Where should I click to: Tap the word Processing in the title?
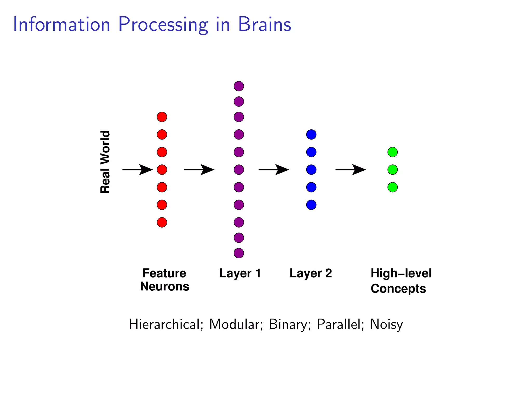pyautogui.click(x=163, y=25)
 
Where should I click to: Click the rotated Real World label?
pyautogui.click(x=105, y=162)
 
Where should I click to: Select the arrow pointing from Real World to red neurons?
pyautogui.click(x=137, y=170)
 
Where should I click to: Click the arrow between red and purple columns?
pyautogui.click(x=199, y=170)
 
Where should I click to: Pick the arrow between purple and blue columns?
pyautogui.click(x=274, y=170)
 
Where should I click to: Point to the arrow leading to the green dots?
pyautogui.click(x=350, y=170)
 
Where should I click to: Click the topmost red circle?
pyautogui.click(x=162, y=117)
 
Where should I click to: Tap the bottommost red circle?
pyautogui.click(x=162, y=222)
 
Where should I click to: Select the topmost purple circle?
pyautogui.click(x=239, y=86)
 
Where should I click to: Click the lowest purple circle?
pyautogui.click(x=239, y=253)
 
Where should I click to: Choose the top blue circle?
pyautogui.click(x=311, y=135)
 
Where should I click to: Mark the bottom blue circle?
pyautogui.click(x=311, y=205)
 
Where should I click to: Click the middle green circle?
pyautogui.click(x=393, y=170)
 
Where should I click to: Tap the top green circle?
pyautogui.click(x=393, y=152)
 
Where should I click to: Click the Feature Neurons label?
pyautogui.click(x=164, y=280)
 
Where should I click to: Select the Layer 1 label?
pyautogui.click(x=240, y=273)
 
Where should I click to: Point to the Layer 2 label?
pyautogui.click(x=311, y=273)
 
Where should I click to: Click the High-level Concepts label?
pyautogui.click(x=401, y=281)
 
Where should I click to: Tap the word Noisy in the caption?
pyautogui.click(x=386, y=324)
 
